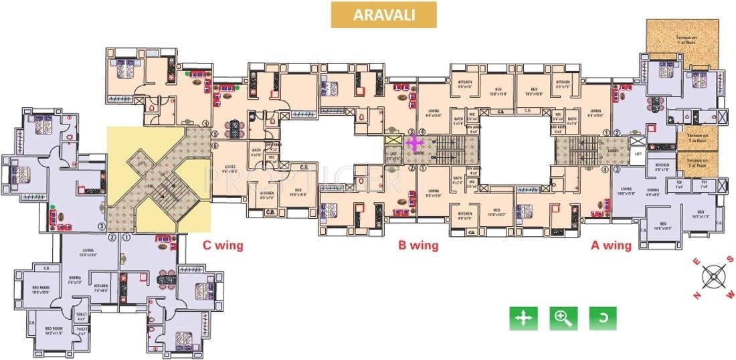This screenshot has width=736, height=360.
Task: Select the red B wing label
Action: (418, 245)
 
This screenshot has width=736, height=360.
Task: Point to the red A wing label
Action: (610, 245)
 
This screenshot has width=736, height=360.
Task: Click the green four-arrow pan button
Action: (523, 319)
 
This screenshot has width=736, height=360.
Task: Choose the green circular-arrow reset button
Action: (602, 319)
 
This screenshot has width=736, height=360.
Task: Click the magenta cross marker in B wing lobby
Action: (415, 143)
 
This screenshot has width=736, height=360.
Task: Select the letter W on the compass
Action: (731, 292)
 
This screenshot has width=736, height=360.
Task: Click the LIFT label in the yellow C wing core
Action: (141, 162)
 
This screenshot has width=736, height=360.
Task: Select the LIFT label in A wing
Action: (638, 154)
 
